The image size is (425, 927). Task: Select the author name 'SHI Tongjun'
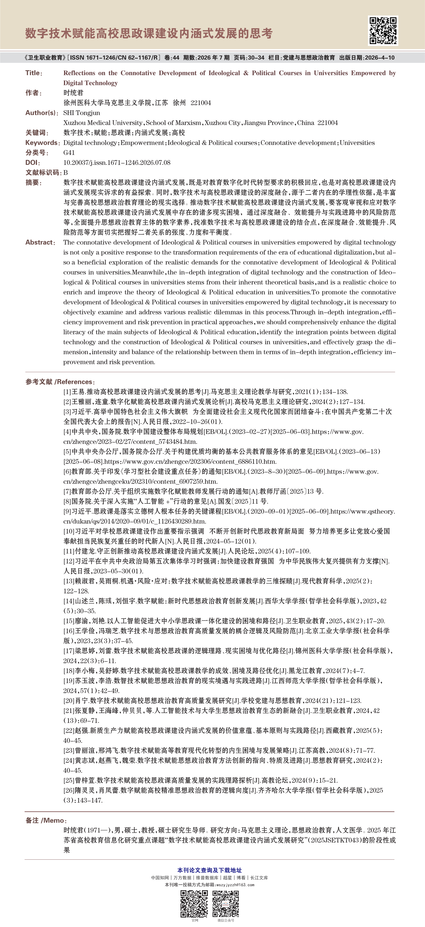pos(82,113)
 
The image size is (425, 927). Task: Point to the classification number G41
pos(69,153)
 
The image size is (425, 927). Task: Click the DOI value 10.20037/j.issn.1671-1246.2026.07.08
pos(117,163)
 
